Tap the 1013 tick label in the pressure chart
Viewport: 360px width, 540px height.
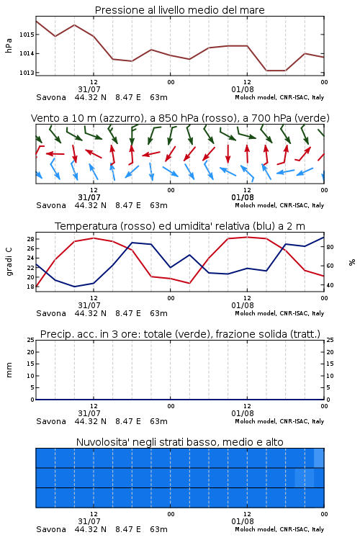[26, 73]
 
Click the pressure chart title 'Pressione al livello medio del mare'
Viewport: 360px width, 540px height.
[180, 10]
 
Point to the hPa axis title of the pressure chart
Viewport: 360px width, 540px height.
[9, 45]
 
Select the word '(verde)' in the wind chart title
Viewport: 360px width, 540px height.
[312, 118]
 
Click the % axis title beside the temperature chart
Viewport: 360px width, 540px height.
[352, 262]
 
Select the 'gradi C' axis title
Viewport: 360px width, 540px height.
[9, 262]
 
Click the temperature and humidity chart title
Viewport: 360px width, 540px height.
[180, 226]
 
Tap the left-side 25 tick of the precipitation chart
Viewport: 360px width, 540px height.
[30, 340]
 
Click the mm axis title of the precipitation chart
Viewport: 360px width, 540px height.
[9, 370]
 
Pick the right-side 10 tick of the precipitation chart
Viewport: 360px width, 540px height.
[330, 376]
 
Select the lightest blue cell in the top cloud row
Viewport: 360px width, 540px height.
[319, 458]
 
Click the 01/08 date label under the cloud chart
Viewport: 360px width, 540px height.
[243, 521]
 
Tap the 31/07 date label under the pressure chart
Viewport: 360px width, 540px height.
[89, 89]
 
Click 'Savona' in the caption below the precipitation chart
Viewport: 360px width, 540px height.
[51, 421]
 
